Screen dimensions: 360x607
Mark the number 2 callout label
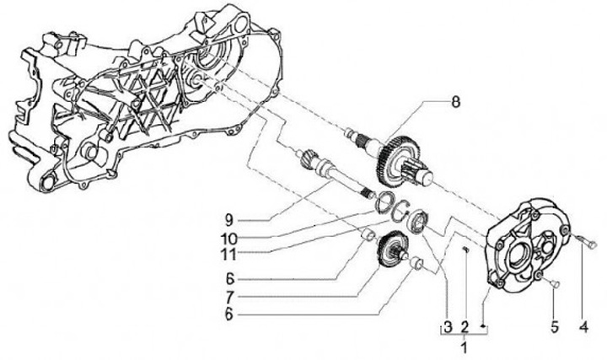(x=464, y=325)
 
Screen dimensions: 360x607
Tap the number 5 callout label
(x=555, y=325)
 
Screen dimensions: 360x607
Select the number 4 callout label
(x=583, y=325)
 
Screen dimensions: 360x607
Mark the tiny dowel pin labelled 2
(x=465, y=250)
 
